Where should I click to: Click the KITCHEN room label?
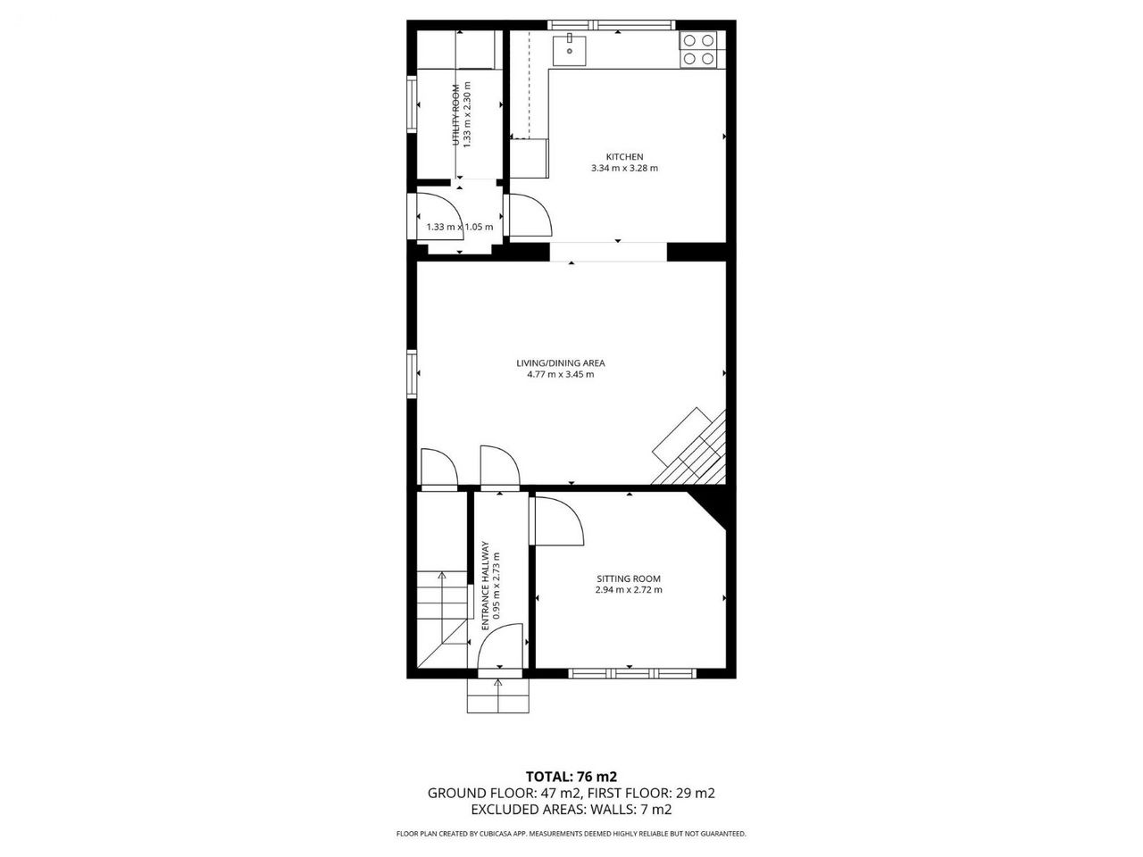(624, 156)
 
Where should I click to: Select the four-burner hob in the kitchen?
(698, 49)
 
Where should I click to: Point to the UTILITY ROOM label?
(455, 115)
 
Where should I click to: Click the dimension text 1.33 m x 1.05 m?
(460, 227)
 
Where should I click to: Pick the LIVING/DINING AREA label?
(561, 363)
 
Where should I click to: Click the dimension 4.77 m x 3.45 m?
(561, 375)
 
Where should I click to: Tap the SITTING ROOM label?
(629, 578)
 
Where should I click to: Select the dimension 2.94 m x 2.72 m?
(629, 590)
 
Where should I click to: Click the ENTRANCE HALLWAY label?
(485, 586)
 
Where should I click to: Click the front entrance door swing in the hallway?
(501, 646)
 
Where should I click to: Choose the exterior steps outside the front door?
(498, 695)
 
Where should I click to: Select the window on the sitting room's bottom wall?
(632, 673)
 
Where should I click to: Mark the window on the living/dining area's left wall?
(412, 374)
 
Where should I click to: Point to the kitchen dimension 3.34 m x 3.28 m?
(624, 168)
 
